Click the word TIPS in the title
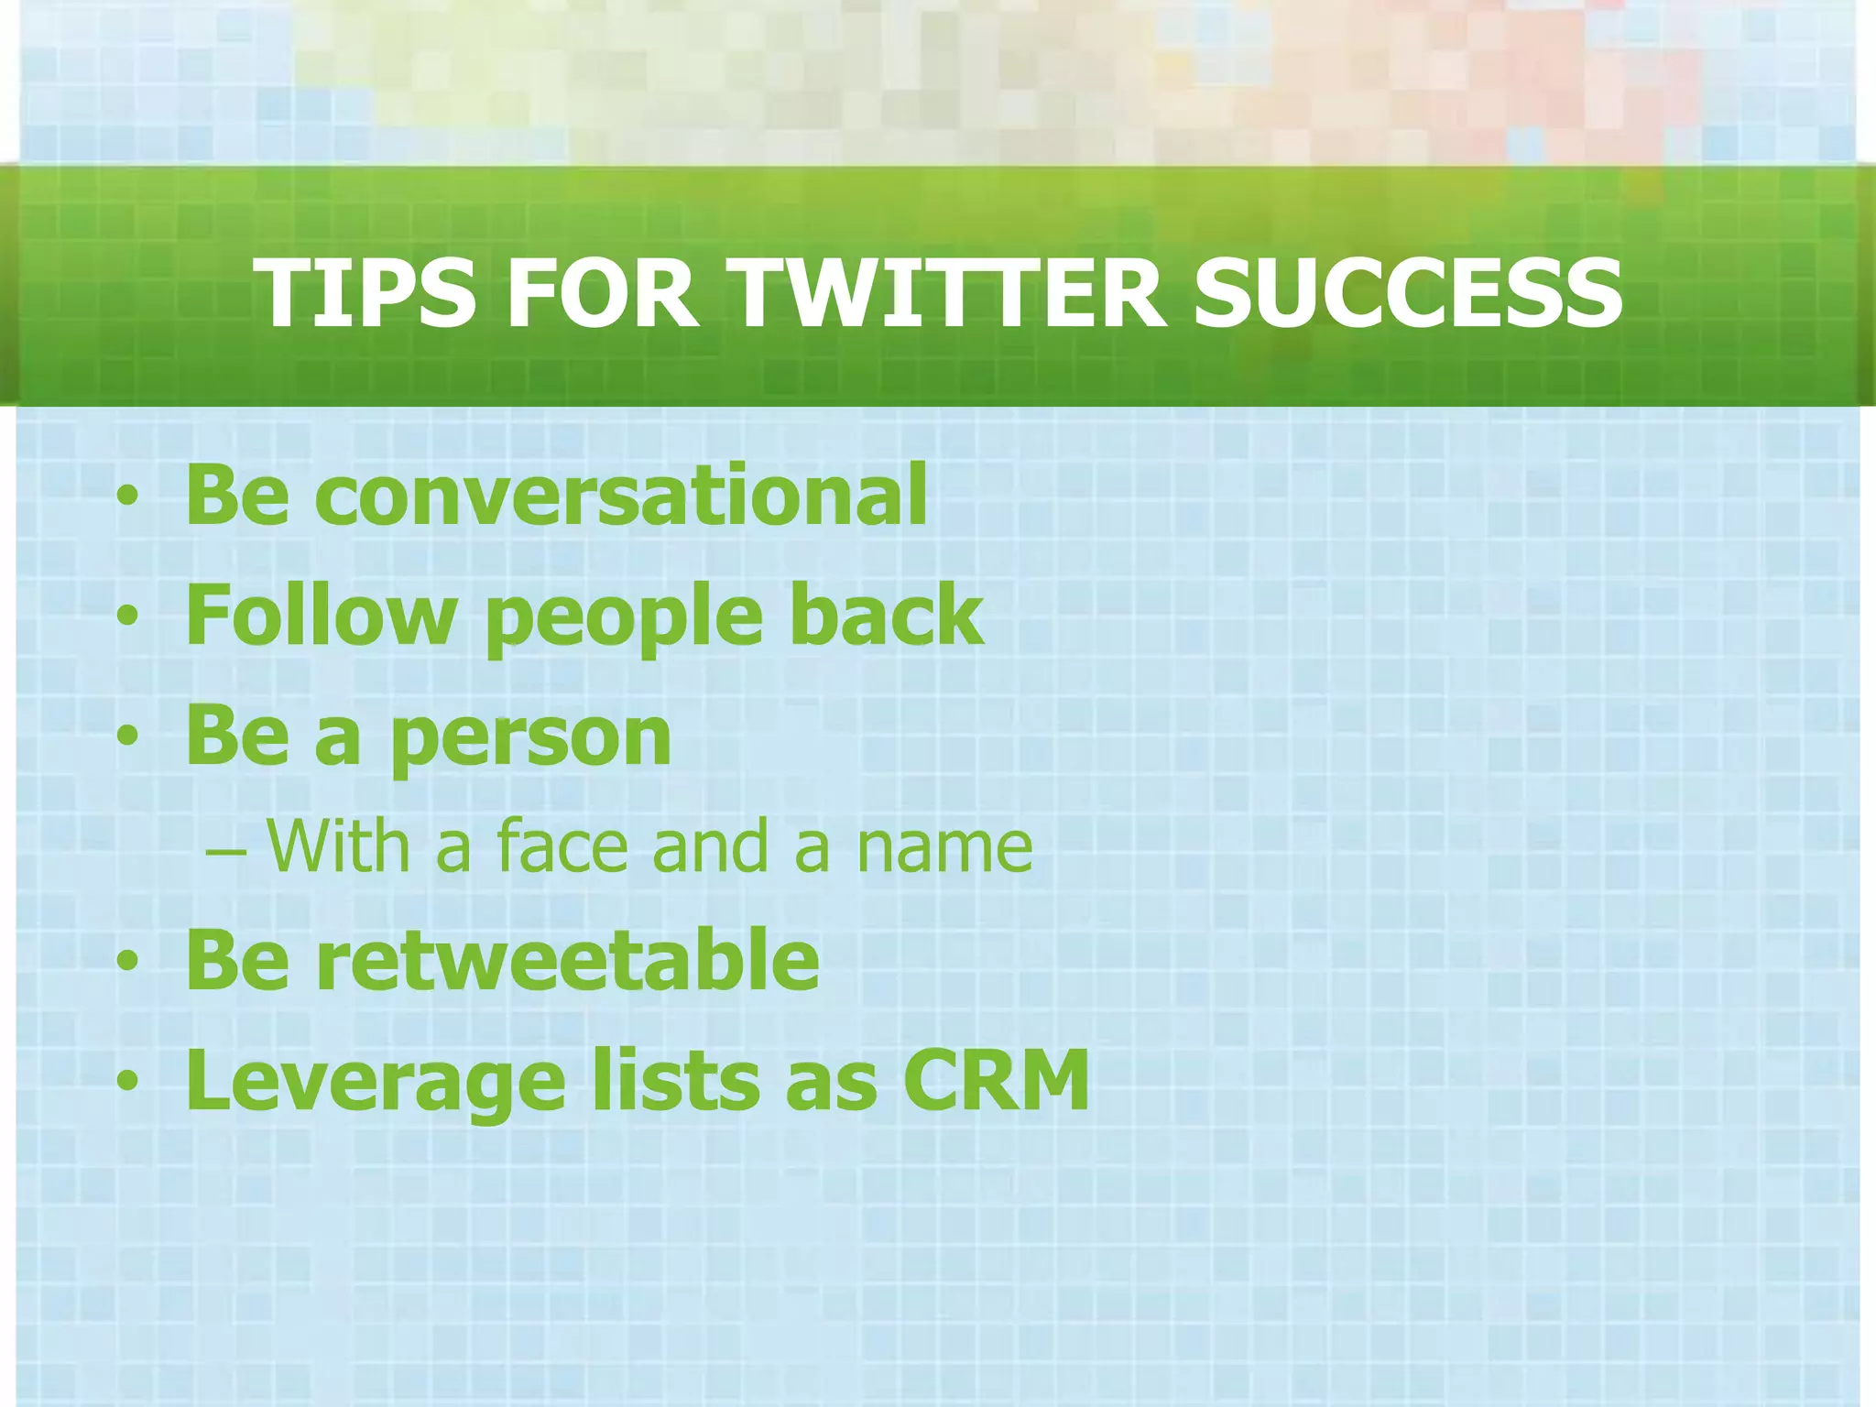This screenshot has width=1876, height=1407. pos(364,292)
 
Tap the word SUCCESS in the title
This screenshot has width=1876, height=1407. pos(1407,292)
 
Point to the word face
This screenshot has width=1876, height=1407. pos(562,846)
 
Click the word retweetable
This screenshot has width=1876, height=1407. pos(567,960)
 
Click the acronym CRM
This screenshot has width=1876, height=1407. pos(996,1080)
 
